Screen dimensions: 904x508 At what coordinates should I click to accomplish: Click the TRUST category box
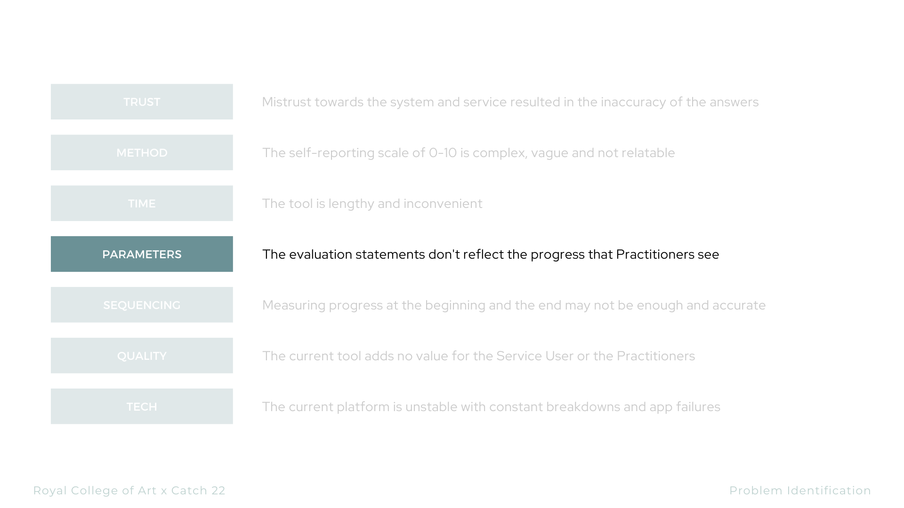[x=142, y=102]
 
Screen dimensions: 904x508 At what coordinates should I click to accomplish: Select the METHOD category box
[x=142, y=152]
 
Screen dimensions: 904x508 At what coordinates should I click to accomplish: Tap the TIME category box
[x=142, y=203]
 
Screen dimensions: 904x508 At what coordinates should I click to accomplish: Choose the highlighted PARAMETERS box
[x=142, y=254]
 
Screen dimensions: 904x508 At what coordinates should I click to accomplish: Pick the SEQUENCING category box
[x=142, y=305]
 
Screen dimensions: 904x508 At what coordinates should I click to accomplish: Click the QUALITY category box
[x=142, y=356]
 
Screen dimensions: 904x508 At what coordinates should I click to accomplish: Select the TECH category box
[x=142, y=406]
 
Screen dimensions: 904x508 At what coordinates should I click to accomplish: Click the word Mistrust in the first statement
[x=286, y=102]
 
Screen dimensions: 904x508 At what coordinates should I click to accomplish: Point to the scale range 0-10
[x=443, y=153]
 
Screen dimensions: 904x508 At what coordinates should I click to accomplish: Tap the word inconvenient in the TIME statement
[x=443, y=204]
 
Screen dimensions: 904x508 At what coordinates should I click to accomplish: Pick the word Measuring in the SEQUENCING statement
[x=294, y=306]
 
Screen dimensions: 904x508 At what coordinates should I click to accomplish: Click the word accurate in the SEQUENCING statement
[x=739, y=305]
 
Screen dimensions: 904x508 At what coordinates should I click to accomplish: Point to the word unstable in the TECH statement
[x=431, y=407]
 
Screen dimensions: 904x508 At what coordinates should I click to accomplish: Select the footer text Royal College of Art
[x=95, y=491]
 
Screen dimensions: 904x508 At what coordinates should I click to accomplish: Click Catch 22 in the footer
[x=198, y=491]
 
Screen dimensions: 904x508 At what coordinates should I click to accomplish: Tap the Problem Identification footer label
[x=800, y=491]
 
